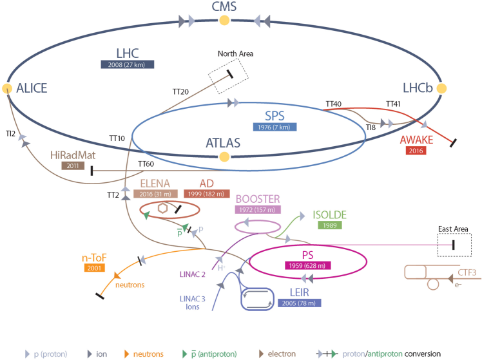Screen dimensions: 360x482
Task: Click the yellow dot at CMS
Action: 224,21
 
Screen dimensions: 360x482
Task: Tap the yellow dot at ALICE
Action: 7,88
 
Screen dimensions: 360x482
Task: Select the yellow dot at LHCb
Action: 443,88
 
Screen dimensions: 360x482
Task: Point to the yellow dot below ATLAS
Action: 224,156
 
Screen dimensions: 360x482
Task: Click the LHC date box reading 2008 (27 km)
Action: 127,64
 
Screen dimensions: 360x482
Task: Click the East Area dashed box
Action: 454,245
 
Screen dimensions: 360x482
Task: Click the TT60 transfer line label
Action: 146,164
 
